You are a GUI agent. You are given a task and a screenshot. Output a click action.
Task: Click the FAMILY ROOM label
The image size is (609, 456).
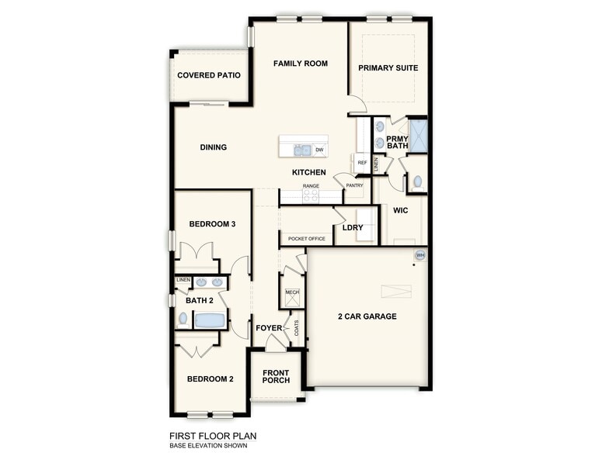300,64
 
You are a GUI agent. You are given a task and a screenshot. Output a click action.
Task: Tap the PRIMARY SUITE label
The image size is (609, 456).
388,68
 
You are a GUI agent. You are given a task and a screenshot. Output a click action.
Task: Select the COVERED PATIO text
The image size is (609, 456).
208,75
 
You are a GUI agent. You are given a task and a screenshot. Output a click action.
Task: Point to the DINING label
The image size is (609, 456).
213,147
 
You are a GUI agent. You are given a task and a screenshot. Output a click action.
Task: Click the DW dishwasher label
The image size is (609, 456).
319,150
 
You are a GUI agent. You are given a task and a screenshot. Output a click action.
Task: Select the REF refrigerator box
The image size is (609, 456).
362,163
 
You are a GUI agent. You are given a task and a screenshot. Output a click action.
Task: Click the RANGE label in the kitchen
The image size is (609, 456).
311,186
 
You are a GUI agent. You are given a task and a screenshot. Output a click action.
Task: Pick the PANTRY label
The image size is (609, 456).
355,185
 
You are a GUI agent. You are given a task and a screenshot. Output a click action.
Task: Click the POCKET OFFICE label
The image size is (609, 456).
307,239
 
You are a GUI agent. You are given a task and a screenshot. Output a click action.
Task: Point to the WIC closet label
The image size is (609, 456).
401,210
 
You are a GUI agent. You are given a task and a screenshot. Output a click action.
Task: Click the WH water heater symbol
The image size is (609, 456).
420,255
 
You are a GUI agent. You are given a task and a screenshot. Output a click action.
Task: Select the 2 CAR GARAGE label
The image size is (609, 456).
367,316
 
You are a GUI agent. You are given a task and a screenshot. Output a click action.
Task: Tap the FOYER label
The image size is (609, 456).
269,328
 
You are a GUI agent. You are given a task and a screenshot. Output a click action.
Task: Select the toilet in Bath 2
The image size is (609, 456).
183,318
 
